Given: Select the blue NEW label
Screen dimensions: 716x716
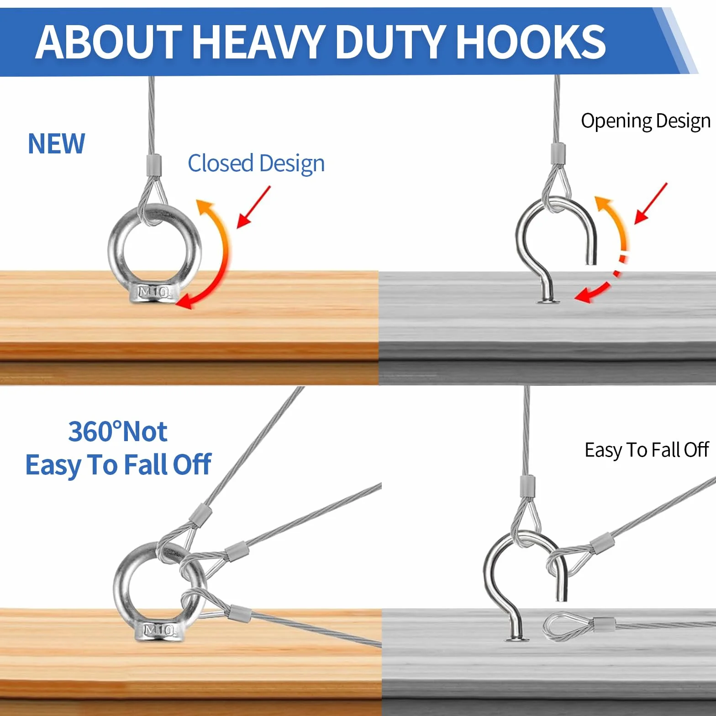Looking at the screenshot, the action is [57, 144].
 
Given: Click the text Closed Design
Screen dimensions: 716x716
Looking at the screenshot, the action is [256, 163].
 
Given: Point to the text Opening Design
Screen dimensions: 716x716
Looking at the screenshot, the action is [646, 121].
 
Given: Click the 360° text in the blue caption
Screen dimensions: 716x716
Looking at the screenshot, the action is [95, 432].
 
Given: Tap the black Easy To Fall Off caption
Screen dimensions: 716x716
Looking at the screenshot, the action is [647, 450].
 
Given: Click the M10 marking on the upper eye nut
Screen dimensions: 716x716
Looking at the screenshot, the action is [154, 292].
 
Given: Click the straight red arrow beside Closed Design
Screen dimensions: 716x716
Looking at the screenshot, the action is [254, 207].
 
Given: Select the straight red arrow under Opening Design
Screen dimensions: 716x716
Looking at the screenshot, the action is [651, 203].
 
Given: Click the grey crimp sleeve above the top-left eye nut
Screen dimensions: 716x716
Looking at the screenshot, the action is [154, 165].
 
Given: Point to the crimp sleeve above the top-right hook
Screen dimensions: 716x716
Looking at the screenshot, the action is [558, 154].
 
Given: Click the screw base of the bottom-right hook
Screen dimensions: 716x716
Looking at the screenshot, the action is [517, 638].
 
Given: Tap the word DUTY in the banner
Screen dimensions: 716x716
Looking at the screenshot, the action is [391, 42].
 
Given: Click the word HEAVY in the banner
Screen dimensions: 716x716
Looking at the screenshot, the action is [259, 42].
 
